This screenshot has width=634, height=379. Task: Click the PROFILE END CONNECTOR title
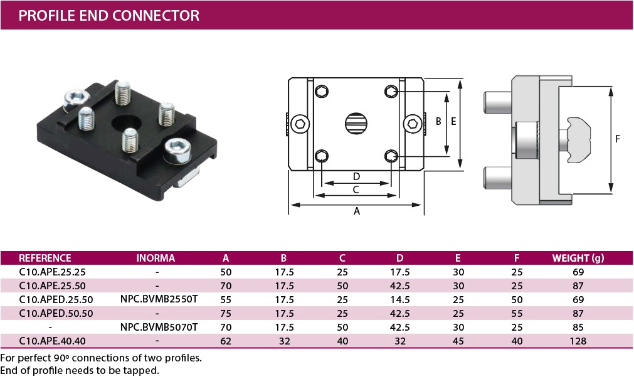tap(109, 15)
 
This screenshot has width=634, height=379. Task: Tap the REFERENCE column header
tap(45, 258)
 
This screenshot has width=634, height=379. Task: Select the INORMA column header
tap(156, 258)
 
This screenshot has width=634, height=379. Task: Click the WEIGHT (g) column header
tap(578, 258)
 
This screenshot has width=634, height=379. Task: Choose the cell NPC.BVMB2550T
tap(159, 299)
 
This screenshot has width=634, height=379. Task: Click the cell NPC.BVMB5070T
tap(159, 327)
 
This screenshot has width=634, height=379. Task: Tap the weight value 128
tap(578, 341)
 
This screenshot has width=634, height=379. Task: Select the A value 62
tap(226, 341)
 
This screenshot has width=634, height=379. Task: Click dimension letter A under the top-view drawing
tap(357, 211)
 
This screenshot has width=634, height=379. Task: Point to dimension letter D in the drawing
tap(356, 176)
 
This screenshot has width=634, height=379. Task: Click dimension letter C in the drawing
tap(356, 189)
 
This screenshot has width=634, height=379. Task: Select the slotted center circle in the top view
tap(356, 123)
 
